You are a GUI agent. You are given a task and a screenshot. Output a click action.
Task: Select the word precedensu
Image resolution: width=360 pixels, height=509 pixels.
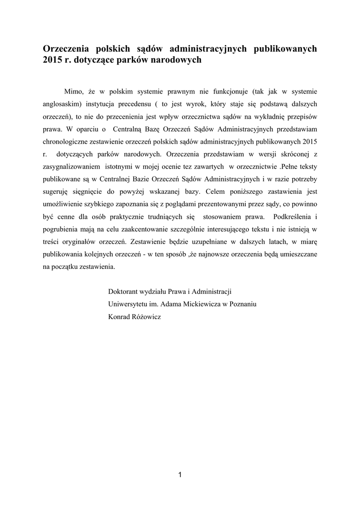point(127,104)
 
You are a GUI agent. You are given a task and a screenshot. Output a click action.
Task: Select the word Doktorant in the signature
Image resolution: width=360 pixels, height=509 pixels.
point(123,291)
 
